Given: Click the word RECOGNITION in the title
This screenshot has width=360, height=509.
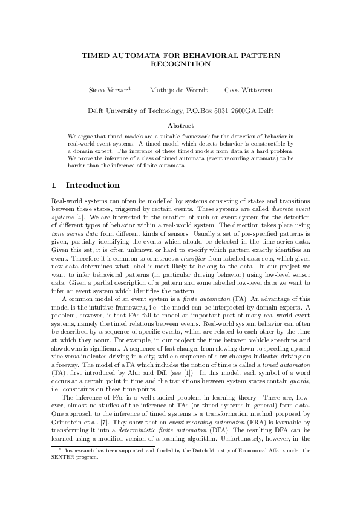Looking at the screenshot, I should click(180, 63).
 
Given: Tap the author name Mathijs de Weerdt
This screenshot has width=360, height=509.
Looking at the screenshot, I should click(180, 90).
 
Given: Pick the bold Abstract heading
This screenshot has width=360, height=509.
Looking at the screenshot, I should click(180, 126).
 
